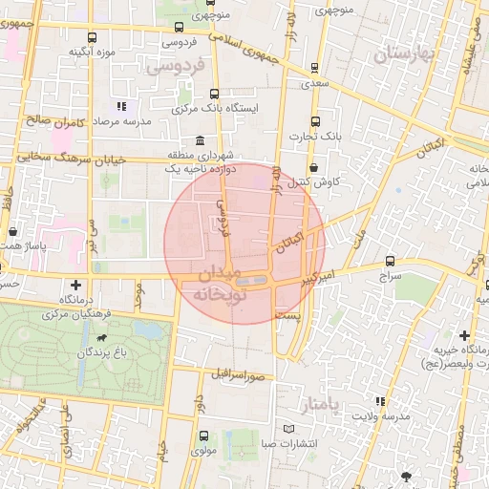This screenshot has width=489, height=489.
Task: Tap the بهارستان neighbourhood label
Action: point(405,54)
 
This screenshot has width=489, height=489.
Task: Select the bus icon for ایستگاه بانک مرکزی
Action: point(213,95)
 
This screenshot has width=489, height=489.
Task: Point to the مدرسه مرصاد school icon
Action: point(120,107)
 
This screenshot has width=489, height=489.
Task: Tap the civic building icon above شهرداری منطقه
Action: point(199,140)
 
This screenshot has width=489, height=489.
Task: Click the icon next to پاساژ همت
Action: point(12,231)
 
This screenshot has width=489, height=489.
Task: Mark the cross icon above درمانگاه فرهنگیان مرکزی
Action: point(75,285)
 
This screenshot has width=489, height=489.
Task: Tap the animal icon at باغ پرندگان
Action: point(100,337)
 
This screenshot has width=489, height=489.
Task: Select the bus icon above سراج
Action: point(390,261)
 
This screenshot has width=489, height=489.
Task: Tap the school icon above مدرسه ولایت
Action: point(380,402)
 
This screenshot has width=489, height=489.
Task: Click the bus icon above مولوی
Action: point(202,436)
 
